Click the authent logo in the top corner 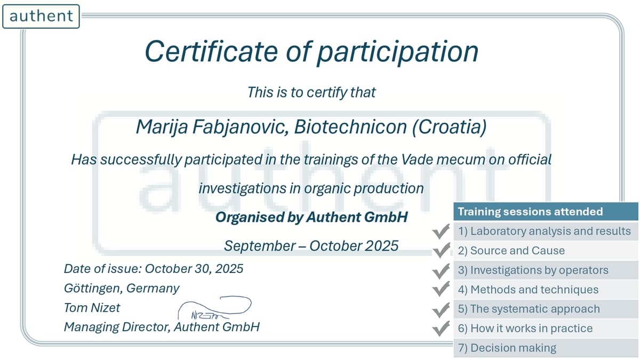(x=41, y=17)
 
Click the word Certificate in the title (x=211, y=51)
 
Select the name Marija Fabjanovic (x=212, y=127)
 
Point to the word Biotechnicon (x=350, y=126)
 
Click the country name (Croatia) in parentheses (x=449, y=127)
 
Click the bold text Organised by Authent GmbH (x=311, y=217)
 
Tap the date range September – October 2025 (x=311, y=246)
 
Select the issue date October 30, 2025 (x=194, y=269)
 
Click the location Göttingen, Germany (x=122, y=289)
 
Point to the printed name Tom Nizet (x=92, y=308)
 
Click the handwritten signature (x=214, y=308)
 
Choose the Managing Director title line (x=162, y=327)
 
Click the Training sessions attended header (x=546, y=212)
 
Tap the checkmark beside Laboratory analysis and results (x=441, y=231)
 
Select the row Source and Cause (x=546, y=251)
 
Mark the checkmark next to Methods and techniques (x=441, y=289)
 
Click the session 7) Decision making (x=507, y=348)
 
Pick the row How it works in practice (x=546, y=329)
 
